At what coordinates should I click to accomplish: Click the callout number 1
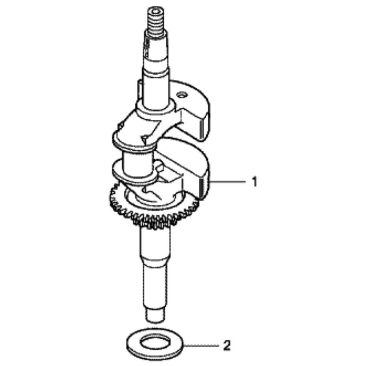click(255, 182)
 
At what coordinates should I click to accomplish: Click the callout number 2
click(227, 345)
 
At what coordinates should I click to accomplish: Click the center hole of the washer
click(155, 343)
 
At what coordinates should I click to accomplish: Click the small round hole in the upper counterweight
click(182, 94)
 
